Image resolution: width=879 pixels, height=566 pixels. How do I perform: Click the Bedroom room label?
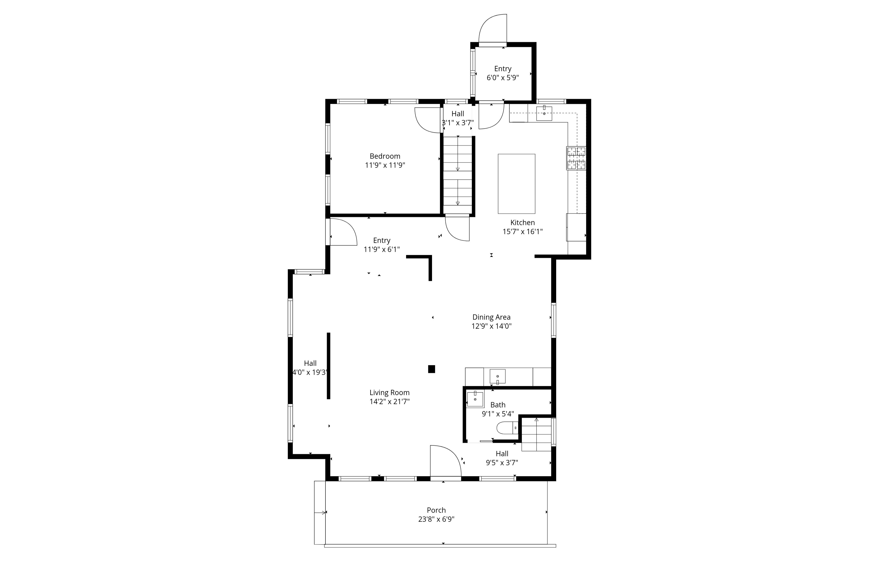(385, 156)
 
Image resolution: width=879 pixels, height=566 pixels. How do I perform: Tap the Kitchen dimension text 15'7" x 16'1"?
(522, 232)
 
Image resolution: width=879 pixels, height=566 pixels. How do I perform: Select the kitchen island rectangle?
(516, 184)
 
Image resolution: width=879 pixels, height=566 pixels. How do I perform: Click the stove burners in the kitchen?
(576, 158)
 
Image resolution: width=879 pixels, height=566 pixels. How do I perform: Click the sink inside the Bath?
(475, 399)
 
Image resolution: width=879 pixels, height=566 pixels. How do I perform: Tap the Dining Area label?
(491, 317)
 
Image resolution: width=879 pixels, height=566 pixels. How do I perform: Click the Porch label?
(436, 510)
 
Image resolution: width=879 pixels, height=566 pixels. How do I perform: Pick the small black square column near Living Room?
(432, 369)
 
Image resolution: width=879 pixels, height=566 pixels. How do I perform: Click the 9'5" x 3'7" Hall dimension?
(502, 463)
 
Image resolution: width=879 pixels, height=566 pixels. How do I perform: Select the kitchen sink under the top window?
(544, 113)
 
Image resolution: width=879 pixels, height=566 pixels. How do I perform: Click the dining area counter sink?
(497, 377)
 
